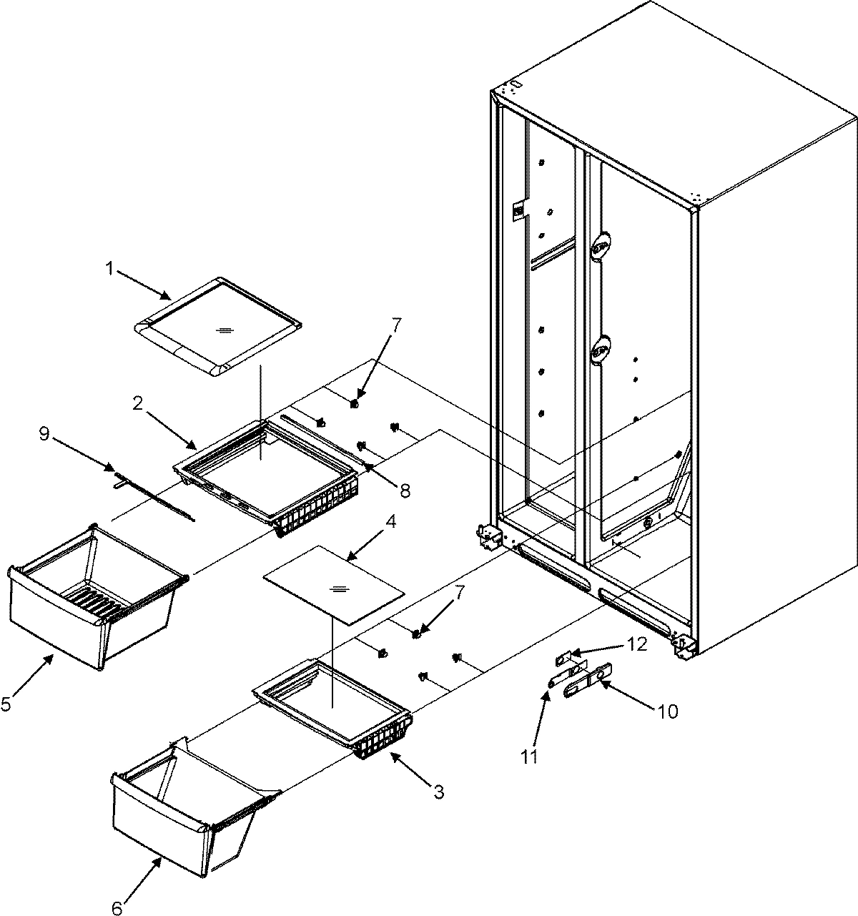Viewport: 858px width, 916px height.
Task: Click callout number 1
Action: pyautogui.click(x=110, y=270)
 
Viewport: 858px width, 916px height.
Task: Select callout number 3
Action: pyautogui.click(x=438, y=792)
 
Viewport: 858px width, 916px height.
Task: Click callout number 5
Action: pyautogui.click(x=6, y=704)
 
